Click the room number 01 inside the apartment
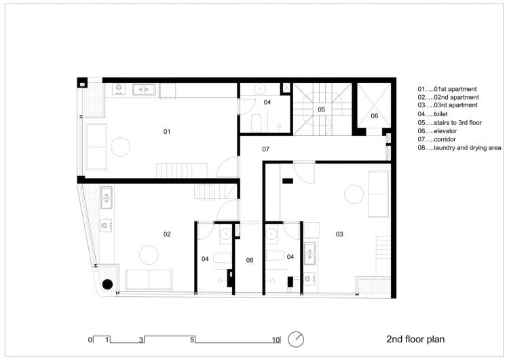pos(167,131)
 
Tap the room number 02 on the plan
pos(167,234)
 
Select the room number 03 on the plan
pos(339,234)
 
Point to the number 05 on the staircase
pos(322,109)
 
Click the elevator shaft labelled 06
pos(374,116)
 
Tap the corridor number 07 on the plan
pos(266,148)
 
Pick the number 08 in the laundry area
pos(250,260)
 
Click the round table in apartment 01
pos(121,147)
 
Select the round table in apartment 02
pos(149,255)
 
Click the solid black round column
pos(107,285)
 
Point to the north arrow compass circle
pos(296,338)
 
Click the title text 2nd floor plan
pos(415,338)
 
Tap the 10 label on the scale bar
pos(276,339)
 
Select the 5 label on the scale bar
pos(193,339)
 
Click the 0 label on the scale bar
pos(89,339)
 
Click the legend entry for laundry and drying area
pos(459,147)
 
